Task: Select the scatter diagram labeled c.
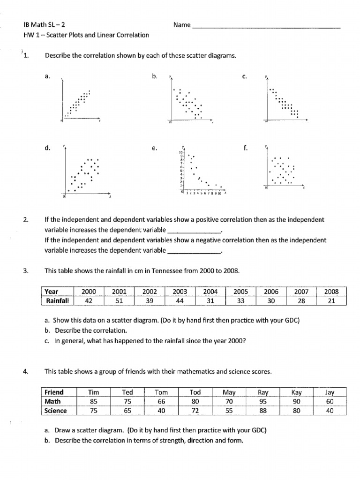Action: click(285, 101)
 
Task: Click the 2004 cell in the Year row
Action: click(210, 292)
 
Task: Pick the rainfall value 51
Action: click(119, 301)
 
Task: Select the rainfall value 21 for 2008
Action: click(331, 301)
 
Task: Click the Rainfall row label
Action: click(57, 301)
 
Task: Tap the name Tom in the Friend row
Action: click(161, 392)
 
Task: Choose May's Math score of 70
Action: click(229, 401)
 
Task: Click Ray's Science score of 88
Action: click(263, 411)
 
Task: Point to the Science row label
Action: click(56, 411)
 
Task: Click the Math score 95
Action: click(263, 401)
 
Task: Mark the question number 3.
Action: click(25, 271)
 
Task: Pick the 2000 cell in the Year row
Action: click(89, 292)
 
